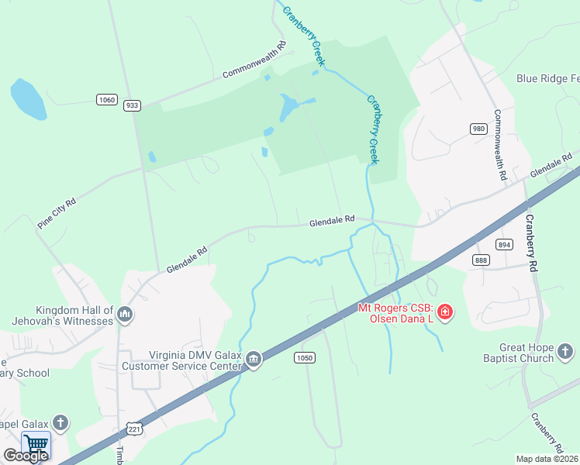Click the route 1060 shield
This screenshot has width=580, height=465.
[x=107, y=99]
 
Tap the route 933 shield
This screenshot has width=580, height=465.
[x=132, y=105]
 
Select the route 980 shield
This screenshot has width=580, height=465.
[x=478, y=129]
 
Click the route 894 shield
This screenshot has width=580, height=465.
[x=505, y=244]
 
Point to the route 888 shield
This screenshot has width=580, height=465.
[x=481, y=260]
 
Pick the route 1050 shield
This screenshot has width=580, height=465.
[x=304, y=357]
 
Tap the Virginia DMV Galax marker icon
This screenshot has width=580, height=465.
[x=254, y=360]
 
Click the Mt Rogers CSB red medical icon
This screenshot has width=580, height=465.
[x=445, y=313]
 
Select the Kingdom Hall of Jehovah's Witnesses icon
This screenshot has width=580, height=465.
[x=126, y=314]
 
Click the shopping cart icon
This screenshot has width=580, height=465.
[x=36, y=445]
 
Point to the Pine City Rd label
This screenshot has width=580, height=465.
[x=57, y=213]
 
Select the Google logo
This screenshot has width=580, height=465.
[x=25, y=456]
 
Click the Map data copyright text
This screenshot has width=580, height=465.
[x=547, y=459]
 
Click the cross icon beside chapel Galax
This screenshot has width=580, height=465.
[x=60, y=423]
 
